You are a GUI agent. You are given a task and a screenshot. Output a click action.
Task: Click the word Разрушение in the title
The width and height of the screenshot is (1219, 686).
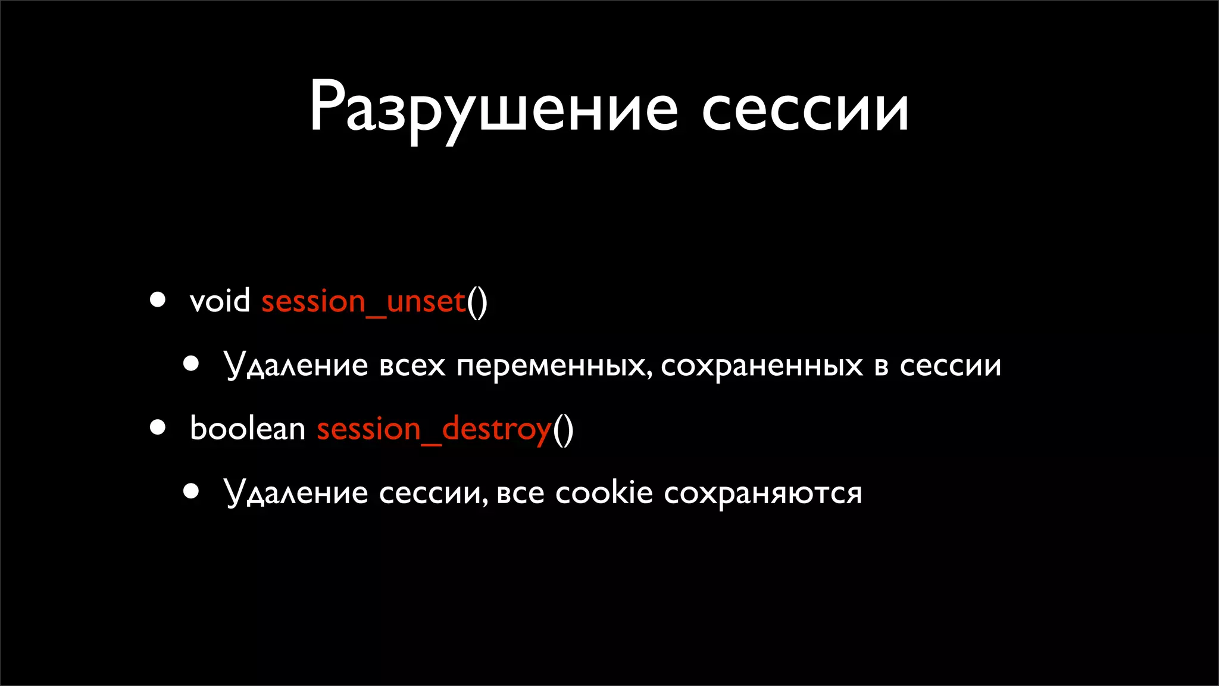[493, 110]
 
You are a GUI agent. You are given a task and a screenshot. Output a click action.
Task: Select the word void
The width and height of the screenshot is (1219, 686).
[220, 301]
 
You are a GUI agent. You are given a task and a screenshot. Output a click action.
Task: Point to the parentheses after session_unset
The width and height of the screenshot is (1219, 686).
[477, 302]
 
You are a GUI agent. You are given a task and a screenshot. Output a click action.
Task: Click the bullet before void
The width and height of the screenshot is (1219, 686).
[158, 300]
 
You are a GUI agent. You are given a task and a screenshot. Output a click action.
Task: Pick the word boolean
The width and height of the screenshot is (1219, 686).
[247, 428]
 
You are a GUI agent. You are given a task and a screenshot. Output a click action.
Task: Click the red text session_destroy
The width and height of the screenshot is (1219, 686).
[434, 429]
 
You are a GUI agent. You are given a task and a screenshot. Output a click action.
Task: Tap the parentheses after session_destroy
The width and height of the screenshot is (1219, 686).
[563, 429]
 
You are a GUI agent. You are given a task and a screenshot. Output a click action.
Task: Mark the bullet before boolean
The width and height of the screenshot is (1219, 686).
[158, 427]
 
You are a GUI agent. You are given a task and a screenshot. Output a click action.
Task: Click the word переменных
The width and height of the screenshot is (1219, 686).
[552, 366]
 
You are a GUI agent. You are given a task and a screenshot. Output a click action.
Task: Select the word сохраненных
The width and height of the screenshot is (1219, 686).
[762, 366]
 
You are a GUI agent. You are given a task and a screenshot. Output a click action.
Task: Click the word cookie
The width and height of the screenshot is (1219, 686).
[604, 493]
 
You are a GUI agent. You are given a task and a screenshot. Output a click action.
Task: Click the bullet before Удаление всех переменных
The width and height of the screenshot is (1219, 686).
[191, 363]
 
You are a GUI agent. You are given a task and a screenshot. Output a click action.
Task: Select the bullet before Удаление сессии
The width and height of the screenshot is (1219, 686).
[191, 491]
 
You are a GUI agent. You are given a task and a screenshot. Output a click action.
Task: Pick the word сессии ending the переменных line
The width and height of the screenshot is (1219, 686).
[951, 366]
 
